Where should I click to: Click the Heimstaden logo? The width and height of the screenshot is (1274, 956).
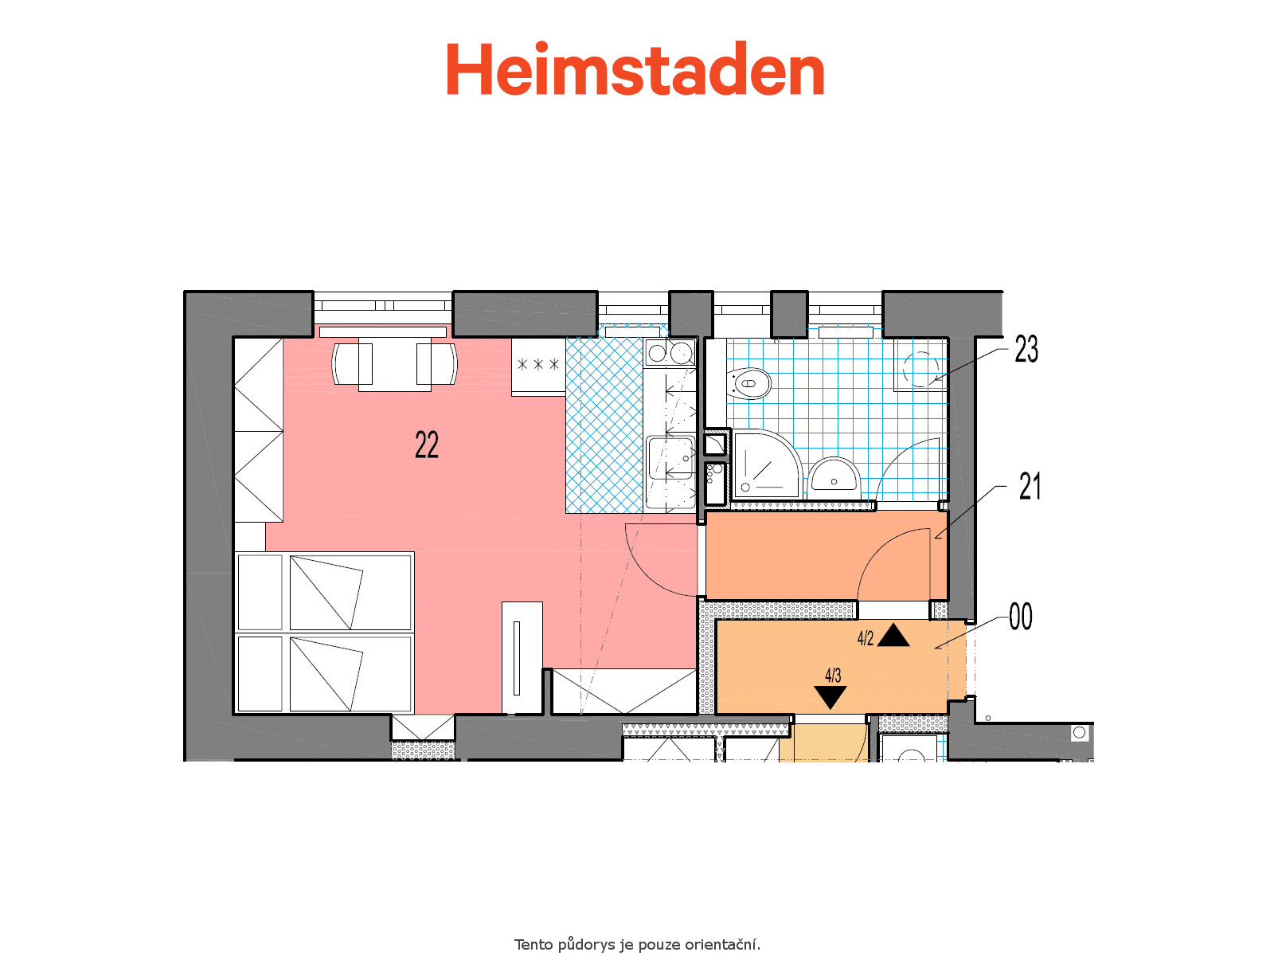635,69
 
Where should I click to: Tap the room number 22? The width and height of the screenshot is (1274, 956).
427,445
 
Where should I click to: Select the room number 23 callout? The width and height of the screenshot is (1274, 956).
1026,350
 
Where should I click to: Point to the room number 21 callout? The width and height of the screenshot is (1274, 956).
1030,487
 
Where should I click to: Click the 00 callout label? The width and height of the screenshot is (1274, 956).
1021,617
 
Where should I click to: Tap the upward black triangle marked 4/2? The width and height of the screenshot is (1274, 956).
893,635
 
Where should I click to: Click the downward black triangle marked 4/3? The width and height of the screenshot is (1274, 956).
830,697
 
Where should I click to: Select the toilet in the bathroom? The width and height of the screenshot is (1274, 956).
749,384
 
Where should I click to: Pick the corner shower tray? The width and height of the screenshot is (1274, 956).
768,464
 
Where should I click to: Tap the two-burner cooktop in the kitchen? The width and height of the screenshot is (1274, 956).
670,352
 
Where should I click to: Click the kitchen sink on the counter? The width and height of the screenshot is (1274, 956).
670,458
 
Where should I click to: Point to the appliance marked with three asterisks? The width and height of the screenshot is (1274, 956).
538,366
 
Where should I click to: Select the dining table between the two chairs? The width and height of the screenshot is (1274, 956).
395,364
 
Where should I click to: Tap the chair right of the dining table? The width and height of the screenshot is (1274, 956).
437,364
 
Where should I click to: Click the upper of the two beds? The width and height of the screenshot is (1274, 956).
324,592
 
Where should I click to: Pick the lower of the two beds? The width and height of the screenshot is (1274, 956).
324,673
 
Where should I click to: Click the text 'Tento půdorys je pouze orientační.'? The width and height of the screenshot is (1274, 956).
637,944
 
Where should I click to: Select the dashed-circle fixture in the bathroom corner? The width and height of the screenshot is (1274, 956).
920,369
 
